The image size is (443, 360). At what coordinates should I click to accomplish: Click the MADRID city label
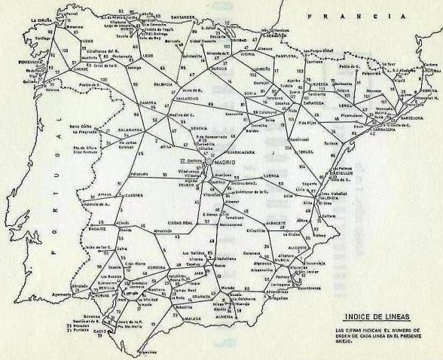pos(225,163)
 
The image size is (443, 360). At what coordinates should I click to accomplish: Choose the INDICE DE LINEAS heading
pos(368,317)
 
